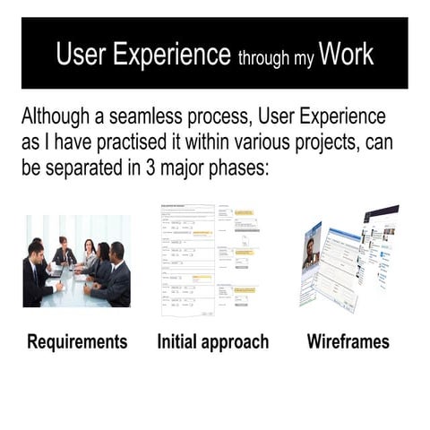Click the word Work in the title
pos(346,55)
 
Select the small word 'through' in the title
pos(265,58)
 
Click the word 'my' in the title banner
pos(304,60)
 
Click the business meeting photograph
pos(77,261)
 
